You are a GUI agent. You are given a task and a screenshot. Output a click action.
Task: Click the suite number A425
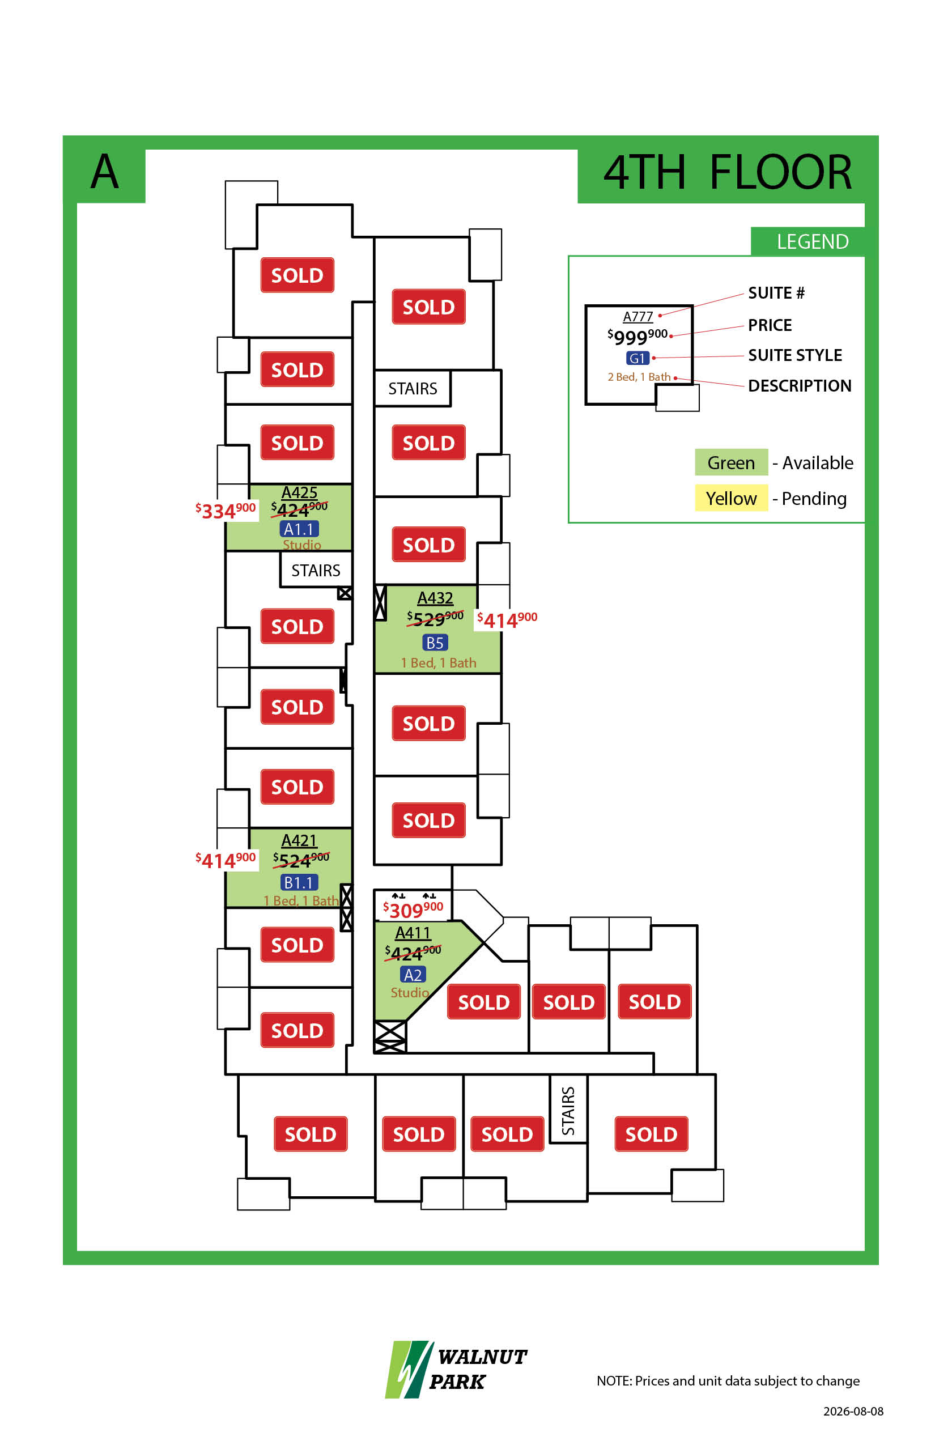pyautogui.click(x=299, y=492)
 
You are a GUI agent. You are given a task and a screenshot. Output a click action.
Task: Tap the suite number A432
pyautogui.click(x=435, y=598)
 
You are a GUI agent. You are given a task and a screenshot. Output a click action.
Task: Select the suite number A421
pyautogui.click(x=299, y=840)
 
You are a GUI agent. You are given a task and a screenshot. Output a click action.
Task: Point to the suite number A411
pyautogui.click(x=413, y=933)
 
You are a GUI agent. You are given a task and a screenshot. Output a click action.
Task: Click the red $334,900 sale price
pyautogui.click(x=226, y=511)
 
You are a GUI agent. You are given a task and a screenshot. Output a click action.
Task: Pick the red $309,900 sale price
pyautogui.click(x=413, y=909)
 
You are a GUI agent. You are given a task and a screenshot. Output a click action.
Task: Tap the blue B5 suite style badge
pyautogui.click(x=435, y=643)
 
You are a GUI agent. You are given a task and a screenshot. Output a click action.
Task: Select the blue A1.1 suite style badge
pyautogui.click(x=299, y=529)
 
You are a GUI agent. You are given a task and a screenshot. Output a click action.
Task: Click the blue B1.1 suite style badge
pyautogui.click(x=299, y=882)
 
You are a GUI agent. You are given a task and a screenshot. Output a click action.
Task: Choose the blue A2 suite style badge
pyautogui.click(x=413, y=975)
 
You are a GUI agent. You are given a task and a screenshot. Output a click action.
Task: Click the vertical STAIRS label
pyautogui.click(x=568, y=1111)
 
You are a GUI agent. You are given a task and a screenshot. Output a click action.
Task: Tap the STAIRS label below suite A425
pyautogui.click(x=316, y=570)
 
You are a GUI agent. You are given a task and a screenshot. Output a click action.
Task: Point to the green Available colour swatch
pyautogui.click(x=731, y=462)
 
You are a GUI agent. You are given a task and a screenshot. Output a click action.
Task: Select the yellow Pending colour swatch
pyautogui.click(x=731, y=498)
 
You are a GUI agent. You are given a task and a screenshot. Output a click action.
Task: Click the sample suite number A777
pyautogui.click(x=638, y=316)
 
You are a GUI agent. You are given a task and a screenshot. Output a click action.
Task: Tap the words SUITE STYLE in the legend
pyautogui.click(x=794, y=355)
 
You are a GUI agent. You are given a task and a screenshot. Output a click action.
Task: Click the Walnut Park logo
pyautogui.click(x=456, y=1369)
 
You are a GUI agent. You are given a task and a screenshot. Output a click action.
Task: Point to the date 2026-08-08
pyautogui.click(x=853, y=1411)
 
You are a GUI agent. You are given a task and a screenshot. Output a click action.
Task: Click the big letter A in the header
pyautogui.click(x=104, y=171)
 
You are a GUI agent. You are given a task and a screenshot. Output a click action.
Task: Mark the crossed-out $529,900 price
pyautogui.click(x=435, y=618)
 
